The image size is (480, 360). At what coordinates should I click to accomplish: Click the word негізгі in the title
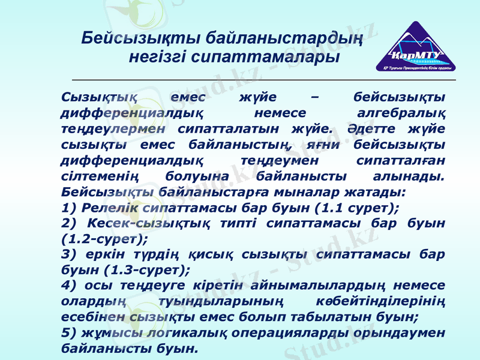click(157, 58)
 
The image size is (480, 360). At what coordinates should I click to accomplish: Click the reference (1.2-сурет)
click(104, 238)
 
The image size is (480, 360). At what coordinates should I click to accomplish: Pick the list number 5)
click(69, 332)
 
